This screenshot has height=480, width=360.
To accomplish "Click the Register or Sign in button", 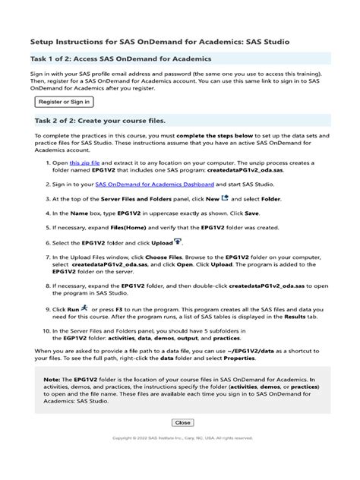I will (64, 101).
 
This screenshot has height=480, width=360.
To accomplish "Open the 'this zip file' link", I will (84, 163).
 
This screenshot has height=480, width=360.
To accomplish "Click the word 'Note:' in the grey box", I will (52, 378).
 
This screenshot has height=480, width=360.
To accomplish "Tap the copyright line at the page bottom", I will (182, 438).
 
